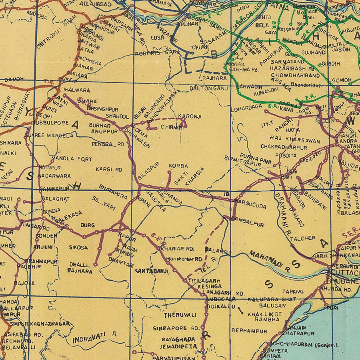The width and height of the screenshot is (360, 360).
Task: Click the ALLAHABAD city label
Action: (96, 4)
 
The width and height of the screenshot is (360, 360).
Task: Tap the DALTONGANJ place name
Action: (208, 88)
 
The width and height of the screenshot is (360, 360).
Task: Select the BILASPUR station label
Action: (148, 170)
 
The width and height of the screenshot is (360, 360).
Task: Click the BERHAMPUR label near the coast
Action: (249, 331)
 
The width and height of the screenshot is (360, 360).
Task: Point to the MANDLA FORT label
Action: (72, 159)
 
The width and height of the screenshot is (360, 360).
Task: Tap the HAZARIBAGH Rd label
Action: (291, 69)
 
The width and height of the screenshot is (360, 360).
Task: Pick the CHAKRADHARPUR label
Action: (284, 147)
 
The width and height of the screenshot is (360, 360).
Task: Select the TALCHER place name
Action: (303, 238)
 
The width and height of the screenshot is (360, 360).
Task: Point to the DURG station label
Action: (88, 225)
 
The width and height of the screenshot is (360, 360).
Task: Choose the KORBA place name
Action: (178, 166)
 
